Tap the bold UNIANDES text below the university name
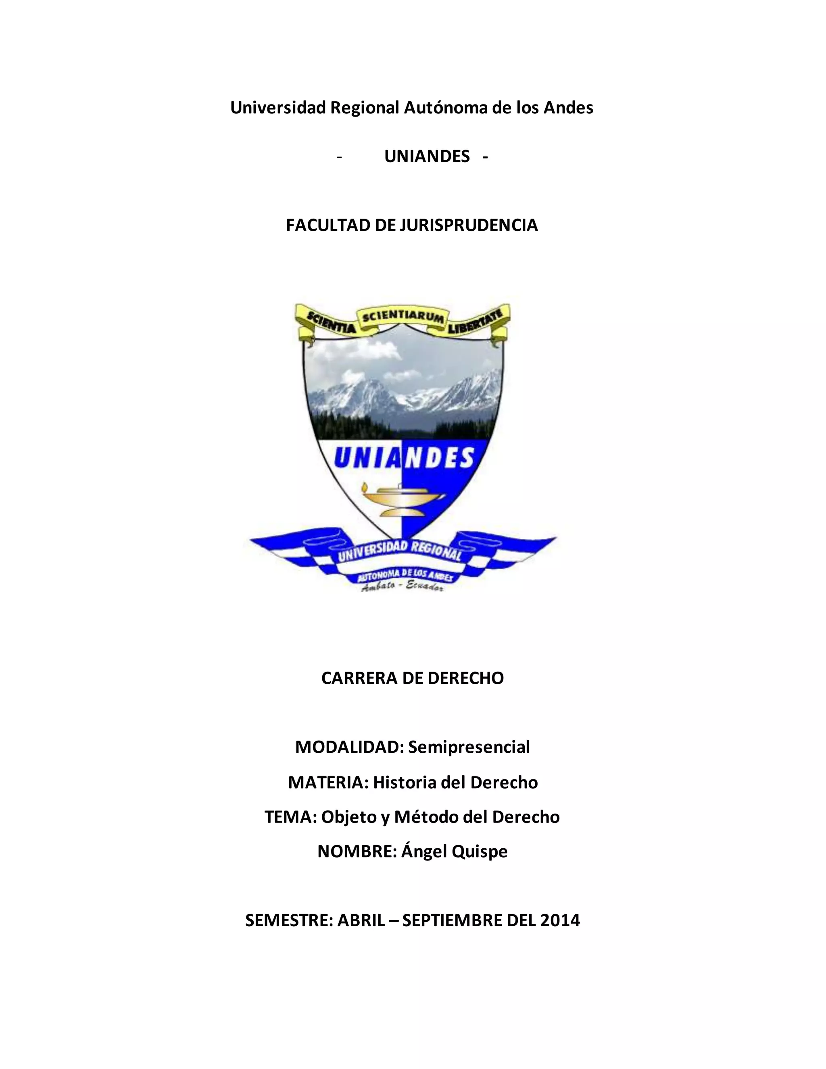click(427, 156)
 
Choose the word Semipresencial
click(469, 747)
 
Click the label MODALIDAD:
click(349, 747)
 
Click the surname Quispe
click(479, 851)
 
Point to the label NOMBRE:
click(357, 851)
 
